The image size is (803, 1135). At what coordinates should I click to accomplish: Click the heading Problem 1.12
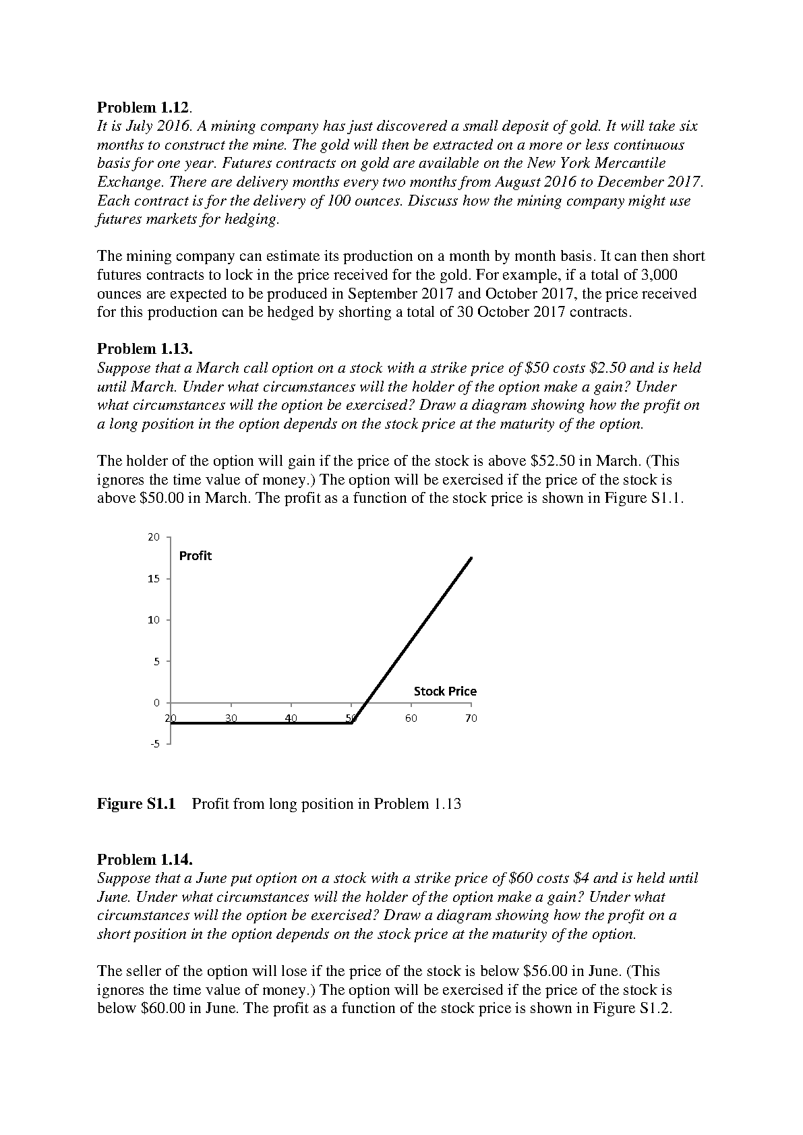[144, 107]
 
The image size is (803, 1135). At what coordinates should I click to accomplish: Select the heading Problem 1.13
[145, 348]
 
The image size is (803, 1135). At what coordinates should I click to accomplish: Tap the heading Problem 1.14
[145, 859]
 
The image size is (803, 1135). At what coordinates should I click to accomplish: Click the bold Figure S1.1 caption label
[136, 803]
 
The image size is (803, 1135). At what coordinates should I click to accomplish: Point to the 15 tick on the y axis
[154, 579]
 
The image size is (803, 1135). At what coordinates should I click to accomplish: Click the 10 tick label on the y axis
[154, 620]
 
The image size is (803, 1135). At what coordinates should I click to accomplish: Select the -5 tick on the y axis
[155, 744]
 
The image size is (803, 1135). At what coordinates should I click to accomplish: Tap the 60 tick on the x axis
[411, 718]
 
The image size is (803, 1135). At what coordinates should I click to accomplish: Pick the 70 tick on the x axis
[471, 718]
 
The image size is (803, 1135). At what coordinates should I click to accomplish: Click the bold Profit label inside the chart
[195, 556]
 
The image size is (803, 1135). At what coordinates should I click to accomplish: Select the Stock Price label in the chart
[445, 692]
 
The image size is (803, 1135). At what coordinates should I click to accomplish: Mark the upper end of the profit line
[471, 558]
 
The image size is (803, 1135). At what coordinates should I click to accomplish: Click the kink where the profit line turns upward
[353, 723]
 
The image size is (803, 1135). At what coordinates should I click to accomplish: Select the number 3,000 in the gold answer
[658, 275]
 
